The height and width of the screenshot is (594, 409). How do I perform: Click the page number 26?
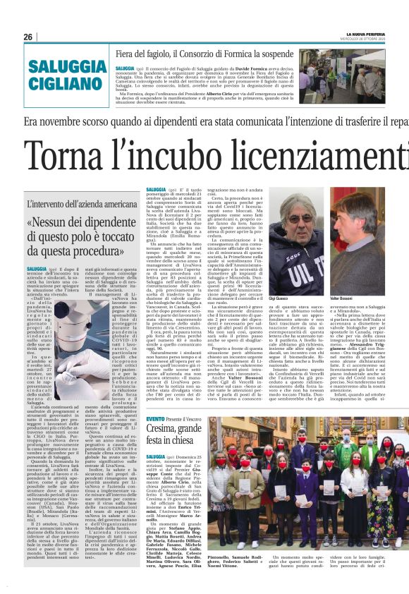point(28,37)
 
